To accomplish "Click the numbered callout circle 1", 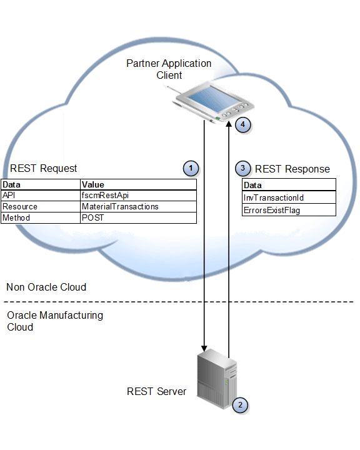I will click(191, 168).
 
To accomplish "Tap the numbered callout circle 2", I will click(239, 405).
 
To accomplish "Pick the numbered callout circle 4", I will click(243, 124).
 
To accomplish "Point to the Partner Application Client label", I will click(169, 69).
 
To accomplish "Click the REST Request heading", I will click(44, 168).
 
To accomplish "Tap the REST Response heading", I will click(292, 169).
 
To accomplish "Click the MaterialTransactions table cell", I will click(120, 207).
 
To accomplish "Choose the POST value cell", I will click(93, 218).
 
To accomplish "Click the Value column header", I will click(93, 185).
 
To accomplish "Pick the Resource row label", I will click(20, 207).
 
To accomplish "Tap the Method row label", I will click(17, 218).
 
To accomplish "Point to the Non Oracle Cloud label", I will click(46, 287).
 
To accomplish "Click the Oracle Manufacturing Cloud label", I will click(54, 321).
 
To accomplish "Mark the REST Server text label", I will click(156, 392).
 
